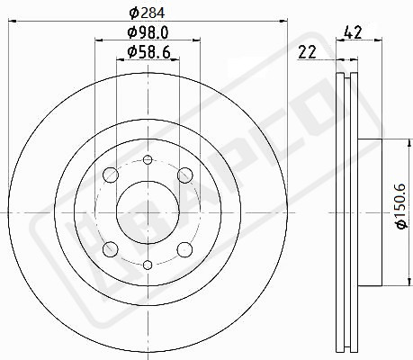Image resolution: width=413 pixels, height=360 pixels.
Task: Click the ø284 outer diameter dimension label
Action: point(147,13)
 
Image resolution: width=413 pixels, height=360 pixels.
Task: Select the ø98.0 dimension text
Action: point(148,32)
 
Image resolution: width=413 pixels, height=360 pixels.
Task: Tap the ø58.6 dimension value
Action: point(148,52)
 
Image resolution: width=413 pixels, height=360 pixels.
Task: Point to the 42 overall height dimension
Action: point(354,32)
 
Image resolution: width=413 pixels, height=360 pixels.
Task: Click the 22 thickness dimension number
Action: point(307,52)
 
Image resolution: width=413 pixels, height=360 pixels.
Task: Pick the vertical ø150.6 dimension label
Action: point(401,206)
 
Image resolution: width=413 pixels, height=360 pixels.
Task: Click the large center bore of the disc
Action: point(148,212)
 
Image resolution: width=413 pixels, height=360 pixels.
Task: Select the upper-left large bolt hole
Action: point(111,175)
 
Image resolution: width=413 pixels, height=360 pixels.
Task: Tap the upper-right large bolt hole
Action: point(184,175)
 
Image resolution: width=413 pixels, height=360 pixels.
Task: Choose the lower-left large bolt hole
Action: point(111,249)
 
